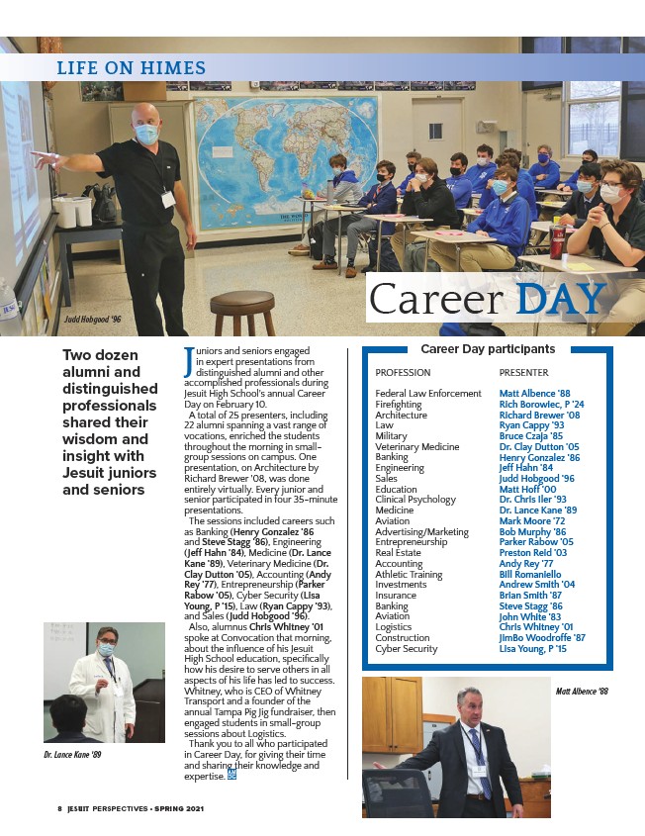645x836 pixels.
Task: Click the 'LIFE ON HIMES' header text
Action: point(131,68)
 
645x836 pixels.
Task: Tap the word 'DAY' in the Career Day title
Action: point(559,299)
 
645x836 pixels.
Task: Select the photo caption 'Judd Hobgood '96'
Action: point(92,321)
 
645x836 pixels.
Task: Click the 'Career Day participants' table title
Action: point(488,349)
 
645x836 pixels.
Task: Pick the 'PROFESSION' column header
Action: point(403,373)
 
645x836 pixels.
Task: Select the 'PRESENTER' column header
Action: point(524,373)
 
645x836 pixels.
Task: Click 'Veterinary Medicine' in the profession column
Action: point(417,447)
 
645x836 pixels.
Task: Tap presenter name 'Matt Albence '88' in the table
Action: point(534,394)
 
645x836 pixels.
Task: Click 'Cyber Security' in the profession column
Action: point(406,649)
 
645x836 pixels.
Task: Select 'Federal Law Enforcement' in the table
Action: point(428,394)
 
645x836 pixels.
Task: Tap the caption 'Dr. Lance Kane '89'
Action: point(71,754)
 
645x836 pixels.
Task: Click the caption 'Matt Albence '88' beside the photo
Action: point(582,692)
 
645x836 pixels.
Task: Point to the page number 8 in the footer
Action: point(58,807)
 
